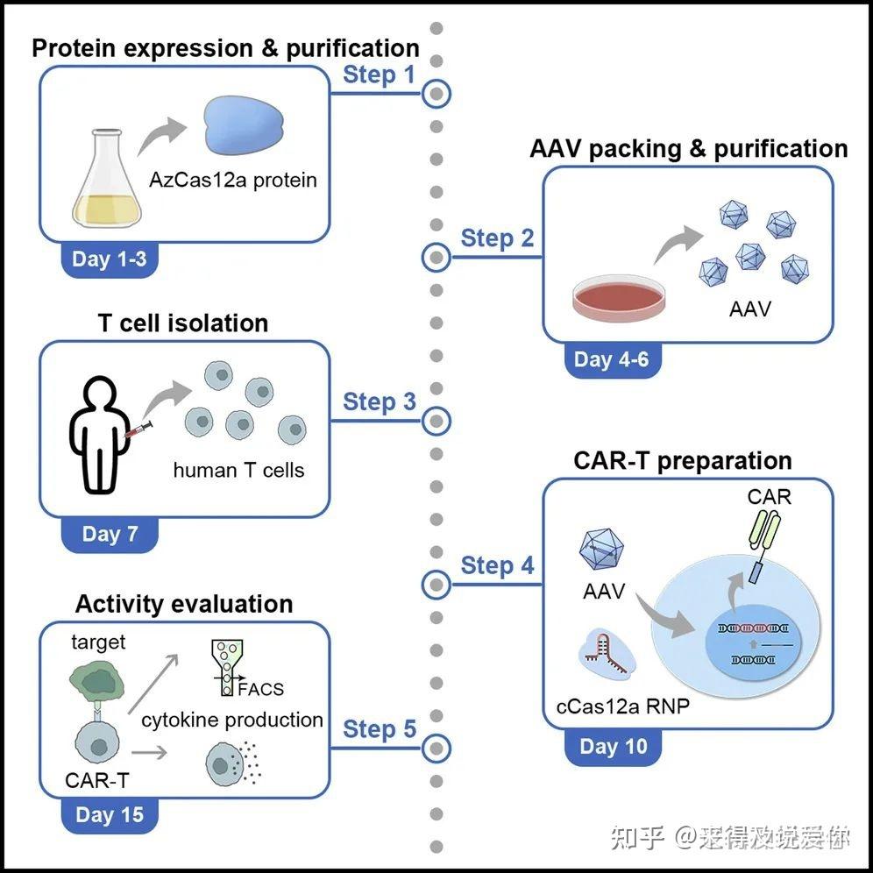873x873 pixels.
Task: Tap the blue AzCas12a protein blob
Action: click(244, 124)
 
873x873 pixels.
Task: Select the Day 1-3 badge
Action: click(110, 259)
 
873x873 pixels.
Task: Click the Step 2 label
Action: click(497, 238)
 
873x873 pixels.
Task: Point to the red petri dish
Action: click(619, 299)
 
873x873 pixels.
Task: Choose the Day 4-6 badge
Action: click(612, 359)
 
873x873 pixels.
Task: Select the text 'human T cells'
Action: click(239, 471)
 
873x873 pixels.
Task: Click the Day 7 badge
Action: click(110, 535)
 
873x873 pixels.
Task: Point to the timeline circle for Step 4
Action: click(436, 585)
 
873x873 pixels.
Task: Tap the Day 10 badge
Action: click(613, 747)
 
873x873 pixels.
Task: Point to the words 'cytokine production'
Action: click(232, 720)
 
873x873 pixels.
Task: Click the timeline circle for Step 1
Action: click(436, 94)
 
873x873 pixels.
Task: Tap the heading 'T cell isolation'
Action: click(183, 323)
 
